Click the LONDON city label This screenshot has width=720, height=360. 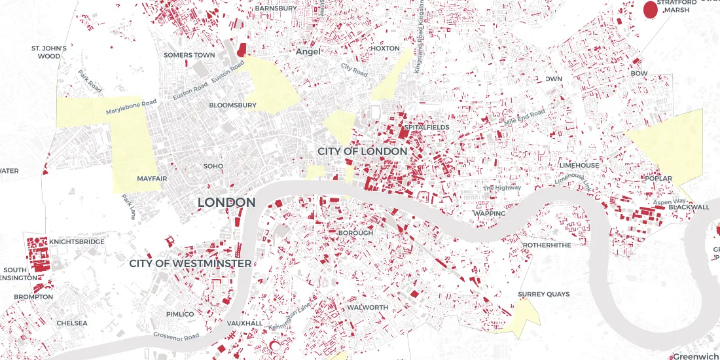click(226, 203)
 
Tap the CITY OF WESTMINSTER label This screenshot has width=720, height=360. click(190, 263)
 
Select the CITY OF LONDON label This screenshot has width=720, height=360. click(362, 151)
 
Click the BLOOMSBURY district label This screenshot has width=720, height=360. click(232, 105)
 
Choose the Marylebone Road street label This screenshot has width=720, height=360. click(132, 107)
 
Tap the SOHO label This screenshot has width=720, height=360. click(213, 166)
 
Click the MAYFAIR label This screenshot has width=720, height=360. click(152, 178)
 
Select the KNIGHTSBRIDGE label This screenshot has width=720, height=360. click(77, 242)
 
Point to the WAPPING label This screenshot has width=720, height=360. click(490, 213)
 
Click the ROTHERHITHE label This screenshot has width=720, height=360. click(547, 245)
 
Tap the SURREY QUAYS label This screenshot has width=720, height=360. click(543, 295)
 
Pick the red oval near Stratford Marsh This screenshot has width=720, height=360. click(650, 10)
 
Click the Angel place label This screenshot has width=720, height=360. click(308, 51)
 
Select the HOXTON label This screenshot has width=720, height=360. click(384, 48)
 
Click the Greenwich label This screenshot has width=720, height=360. click(696, 356)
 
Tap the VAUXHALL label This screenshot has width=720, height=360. click(245, 323)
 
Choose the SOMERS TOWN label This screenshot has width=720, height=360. click(189, 55)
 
